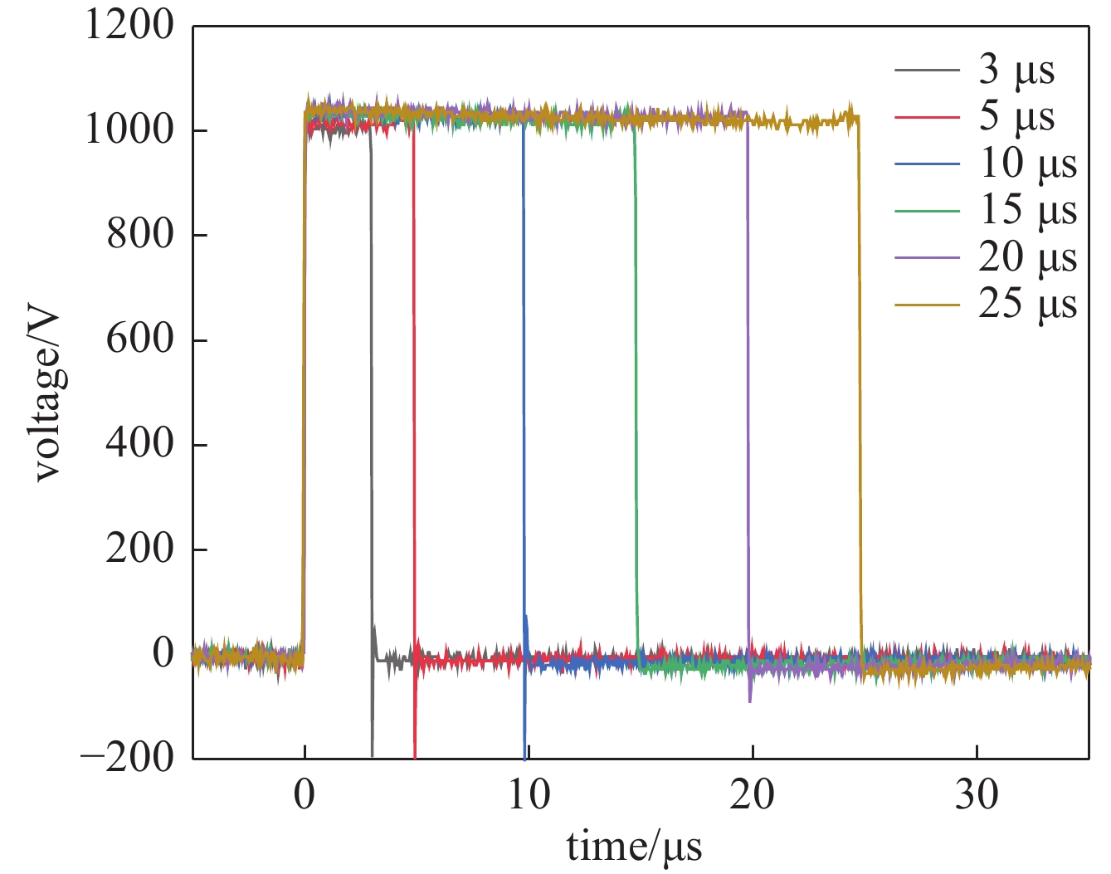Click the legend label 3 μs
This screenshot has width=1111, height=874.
point(1016,70)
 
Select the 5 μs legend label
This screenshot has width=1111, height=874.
point(1016,116)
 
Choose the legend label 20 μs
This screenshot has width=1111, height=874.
point(1027,257)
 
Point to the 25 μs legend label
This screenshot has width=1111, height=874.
point(1027,304)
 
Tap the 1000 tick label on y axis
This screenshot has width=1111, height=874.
point(130,130)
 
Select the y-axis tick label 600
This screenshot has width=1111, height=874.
point(140,339)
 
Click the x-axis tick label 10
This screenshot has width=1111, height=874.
point(529,795)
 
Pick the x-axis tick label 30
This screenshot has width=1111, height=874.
point(977,795)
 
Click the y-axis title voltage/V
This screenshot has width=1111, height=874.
point(48,394)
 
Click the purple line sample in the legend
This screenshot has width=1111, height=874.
point(927,257)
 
